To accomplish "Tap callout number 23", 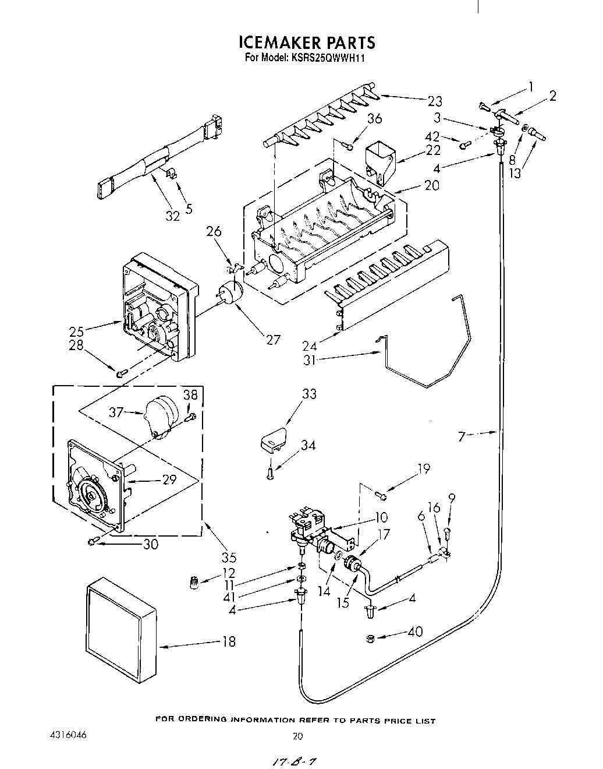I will (435, 101).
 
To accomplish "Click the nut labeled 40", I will (370, 639).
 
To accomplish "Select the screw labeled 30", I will (93, 542).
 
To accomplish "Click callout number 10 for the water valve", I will (381, 517).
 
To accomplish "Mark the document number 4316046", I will (69, 735).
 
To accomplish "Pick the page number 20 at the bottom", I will (297, 736).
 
